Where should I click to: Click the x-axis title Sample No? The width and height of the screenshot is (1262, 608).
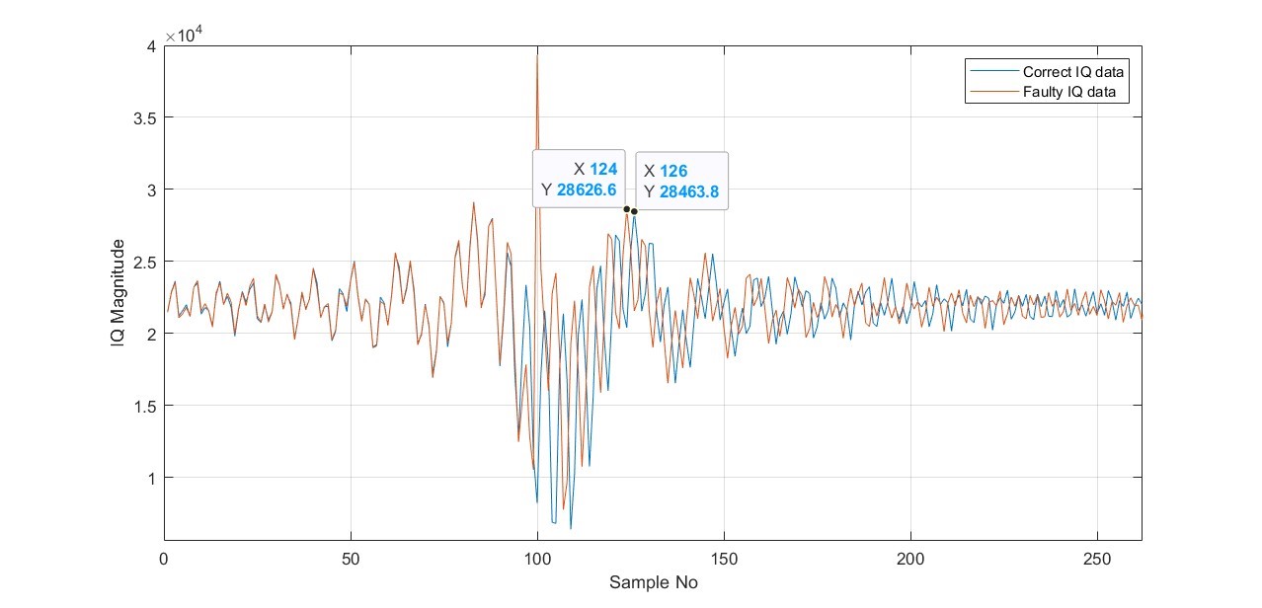[x=653, y=582]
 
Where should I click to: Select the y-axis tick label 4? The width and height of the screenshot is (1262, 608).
[x=149, y=45]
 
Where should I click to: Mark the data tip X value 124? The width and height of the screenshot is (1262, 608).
[x=602, y=170]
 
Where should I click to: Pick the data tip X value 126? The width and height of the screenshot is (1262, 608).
[x=673, y=172]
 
